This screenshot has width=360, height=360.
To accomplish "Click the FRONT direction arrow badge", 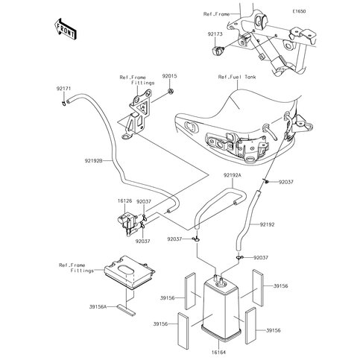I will pos(65,28).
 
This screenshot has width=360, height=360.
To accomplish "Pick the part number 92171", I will pos(62,89).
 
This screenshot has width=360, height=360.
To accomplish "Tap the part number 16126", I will pos(104,201).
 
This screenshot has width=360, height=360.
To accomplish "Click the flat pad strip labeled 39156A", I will pos(127,306).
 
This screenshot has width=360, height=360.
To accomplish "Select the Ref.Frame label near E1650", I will pos(218,13).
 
